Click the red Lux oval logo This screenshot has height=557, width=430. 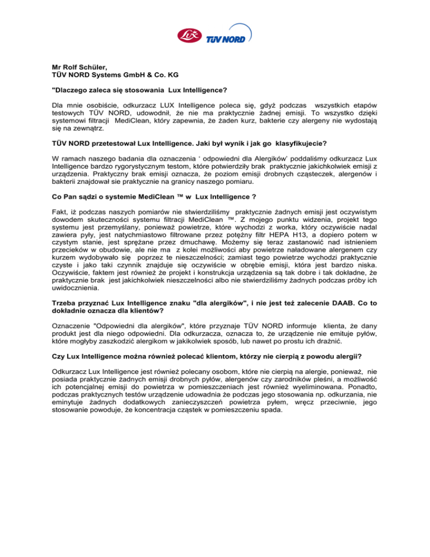(x=188, y=35)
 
